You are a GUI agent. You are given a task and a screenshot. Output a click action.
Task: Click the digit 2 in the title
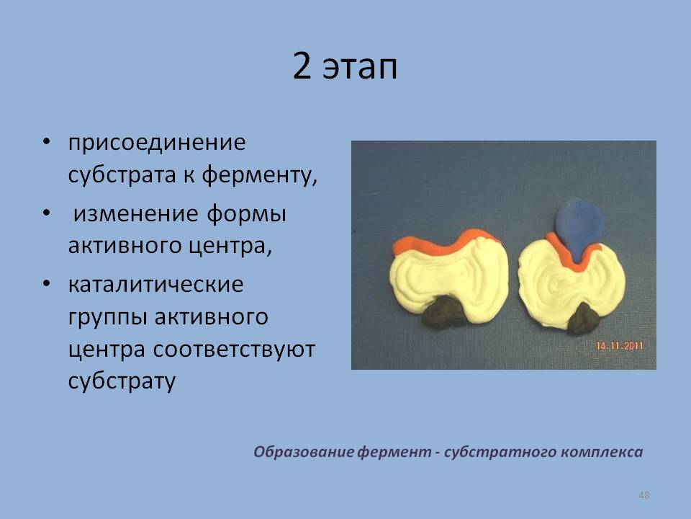tap(302, 66)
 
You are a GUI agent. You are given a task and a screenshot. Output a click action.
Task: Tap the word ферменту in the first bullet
tap(260, 175)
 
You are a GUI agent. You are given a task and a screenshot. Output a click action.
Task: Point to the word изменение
tap(135, 213)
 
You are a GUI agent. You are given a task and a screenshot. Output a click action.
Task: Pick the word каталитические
tap(155, 284)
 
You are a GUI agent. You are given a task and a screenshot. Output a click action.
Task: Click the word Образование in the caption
tap(304, 451)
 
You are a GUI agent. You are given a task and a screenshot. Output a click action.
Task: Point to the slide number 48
tap(643, 495)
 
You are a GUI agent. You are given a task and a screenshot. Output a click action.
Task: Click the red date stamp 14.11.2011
tap(620, 346)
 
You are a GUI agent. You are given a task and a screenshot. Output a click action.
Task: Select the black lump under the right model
tap(583, 319)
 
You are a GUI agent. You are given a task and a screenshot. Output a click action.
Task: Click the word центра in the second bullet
tap(230, 246)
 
